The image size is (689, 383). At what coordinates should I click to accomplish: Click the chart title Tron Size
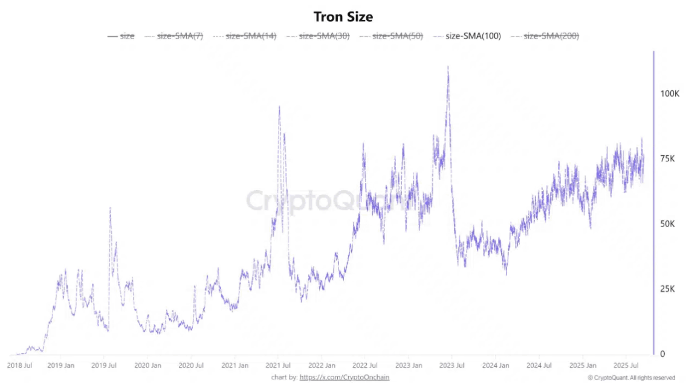pyautogui.click(x=343, y=17)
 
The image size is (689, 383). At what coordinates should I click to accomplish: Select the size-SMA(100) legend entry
pyautogui.click(x=467, y=36)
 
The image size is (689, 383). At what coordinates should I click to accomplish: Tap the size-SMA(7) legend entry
pyautogui.click(x=173, y=36)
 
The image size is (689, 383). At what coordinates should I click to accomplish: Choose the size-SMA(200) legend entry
pyautogui.click(x=545, y=36)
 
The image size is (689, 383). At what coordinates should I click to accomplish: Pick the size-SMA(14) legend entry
pyautogui.click(x=245, y=36)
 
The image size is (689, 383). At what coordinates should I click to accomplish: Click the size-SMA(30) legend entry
pyautogui.click(x=318, y=36)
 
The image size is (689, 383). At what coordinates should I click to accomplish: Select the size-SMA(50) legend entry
pyautogui.click(x=391, y=36)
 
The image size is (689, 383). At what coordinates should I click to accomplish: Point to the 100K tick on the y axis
pyautogui.click(x=670, y=94)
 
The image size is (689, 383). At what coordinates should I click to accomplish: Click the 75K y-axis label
pyautogui.click(x=667, y=158)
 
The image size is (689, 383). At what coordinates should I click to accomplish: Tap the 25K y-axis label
pyautogui.click(x=667, y=289)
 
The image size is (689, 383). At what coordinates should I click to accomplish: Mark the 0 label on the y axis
pyautogui.click(x=662, y=353)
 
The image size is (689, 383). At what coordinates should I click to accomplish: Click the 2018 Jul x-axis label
pyautogui.click(x=19, y=365)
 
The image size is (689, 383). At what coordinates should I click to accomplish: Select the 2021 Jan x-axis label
pyautogui.click(x=235, y=365)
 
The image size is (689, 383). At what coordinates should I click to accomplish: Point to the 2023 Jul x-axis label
pyautogui.click(x=451, y=365)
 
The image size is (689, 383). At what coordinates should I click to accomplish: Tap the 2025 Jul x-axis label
pyautogui.click(x=626, y=365)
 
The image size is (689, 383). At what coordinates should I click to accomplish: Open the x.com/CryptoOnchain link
pyautogui.click(x=344, y=378)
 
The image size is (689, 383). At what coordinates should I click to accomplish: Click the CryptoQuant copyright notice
pyautogui.click(x=632, y=378)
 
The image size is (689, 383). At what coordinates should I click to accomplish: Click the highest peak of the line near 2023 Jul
pyautogui.click(x=448, y=67)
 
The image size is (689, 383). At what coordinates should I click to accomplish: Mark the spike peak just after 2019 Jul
pyautogui.click(x=110, y=208)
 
